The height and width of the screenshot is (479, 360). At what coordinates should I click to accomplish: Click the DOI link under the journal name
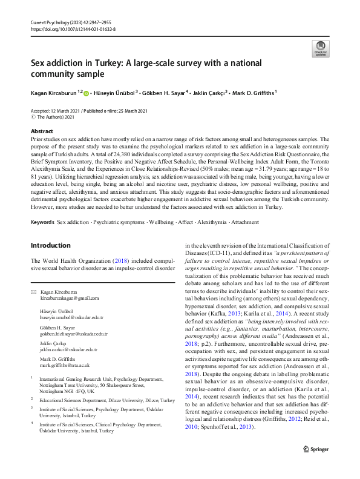click(73, 29)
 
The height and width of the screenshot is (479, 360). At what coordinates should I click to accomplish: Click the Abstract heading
click(42, 131)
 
